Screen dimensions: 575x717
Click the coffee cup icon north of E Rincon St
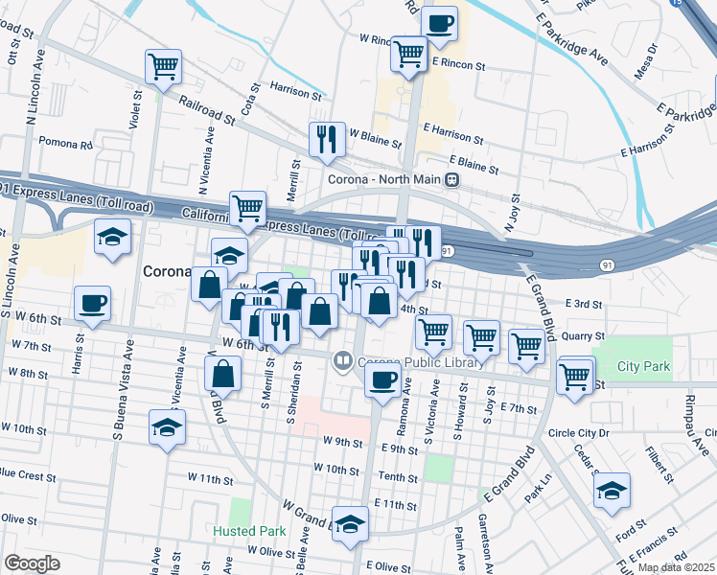439,23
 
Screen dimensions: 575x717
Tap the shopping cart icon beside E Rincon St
409,53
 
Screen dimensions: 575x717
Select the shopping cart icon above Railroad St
163,66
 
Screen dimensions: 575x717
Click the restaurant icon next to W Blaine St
327,138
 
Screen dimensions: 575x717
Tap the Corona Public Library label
394,361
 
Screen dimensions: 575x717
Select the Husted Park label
250,531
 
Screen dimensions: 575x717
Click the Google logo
32,563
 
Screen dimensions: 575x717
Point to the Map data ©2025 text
676,567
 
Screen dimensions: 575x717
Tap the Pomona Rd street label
65,142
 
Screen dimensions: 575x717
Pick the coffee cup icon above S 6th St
92,302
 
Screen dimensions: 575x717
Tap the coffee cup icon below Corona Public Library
382,379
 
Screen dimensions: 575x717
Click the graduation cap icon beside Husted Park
350,522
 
